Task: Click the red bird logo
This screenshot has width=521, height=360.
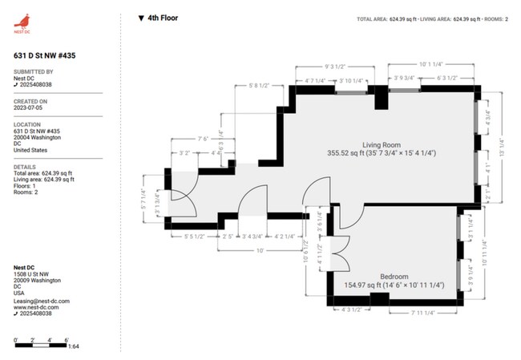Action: tap(22, 21)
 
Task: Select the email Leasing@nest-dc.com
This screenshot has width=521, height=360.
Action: tap(42, 301)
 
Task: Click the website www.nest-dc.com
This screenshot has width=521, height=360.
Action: tap(37, 307)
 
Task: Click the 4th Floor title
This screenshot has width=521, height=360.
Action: tap(163, 17)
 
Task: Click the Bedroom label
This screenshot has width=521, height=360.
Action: tap(394, 276)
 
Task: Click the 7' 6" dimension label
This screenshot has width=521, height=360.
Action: tap(202, 139)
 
